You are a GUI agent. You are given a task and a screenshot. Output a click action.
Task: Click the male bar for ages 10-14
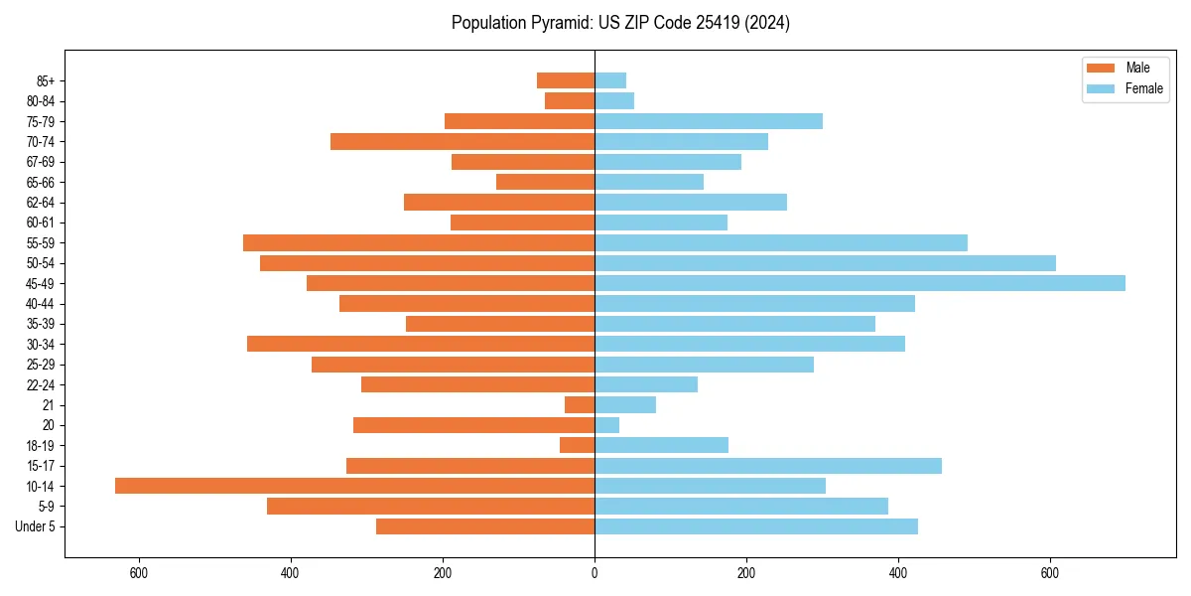tap(354, 486)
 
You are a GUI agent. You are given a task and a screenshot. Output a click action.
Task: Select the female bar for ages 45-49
tap(860, 283)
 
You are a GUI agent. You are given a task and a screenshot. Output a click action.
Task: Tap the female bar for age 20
tap(606, 425)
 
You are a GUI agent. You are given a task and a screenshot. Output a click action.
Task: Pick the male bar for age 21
tap(580, 405)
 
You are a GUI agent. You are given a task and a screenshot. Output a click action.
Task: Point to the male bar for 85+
tap(566, 80)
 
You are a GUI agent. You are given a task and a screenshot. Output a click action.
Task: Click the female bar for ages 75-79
tap(709, 121)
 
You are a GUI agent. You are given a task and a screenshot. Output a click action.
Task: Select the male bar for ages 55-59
tap(419, 243)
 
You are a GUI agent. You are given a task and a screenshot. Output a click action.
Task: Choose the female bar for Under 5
tap(756, 526)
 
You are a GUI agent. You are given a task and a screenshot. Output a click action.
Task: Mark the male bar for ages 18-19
tap(577, 445)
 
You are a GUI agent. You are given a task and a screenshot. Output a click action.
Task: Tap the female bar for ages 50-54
tap(825, 263)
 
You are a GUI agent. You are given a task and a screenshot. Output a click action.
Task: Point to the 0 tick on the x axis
tap(595, 573)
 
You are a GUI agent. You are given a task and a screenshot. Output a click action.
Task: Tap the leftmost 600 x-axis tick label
tap(138, 573)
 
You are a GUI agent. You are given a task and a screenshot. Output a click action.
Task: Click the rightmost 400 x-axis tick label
tap(898, 573)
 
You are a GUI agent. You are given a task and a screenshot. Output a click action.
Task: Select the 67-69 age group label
tap(40, 162)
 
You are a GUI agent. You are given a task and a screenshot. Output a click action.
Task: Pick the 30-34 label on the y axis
tap(40, 345)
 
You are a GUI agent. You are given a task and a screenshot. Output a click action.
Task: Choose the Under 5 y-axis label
tap(35, 526)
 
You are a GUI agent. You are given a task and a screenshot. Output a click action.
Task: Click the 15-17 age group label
tap(40, 466)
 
